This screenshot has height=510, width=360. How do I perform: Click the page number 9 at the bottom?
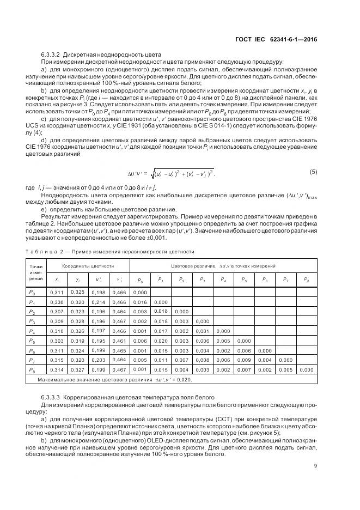pos(315,465)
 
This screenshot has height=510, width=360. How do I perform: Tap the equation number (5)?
pos(313,172)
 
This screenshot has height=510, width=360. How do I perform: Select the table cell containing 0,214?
pos(99,301)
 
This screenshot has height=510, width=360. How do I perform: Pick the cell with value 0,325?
pos(78,292)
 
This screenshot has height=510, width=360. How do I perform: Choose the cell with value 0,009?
pos(243,360)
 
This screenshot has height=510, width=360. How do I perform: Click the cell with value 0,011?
pos(161,360)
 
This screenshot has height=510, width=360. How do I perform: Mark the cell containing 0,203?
pos(99,360)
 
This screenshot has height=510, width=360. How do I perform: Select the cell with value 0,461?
pos(119,341)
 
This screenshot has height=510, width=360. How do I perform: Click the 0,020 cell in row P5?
pos(161,341)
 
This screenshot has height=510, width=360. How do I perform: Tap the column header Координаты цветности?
pos(88,265)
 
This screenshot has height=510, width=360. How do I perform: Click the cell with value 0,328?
pos(78,321)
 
